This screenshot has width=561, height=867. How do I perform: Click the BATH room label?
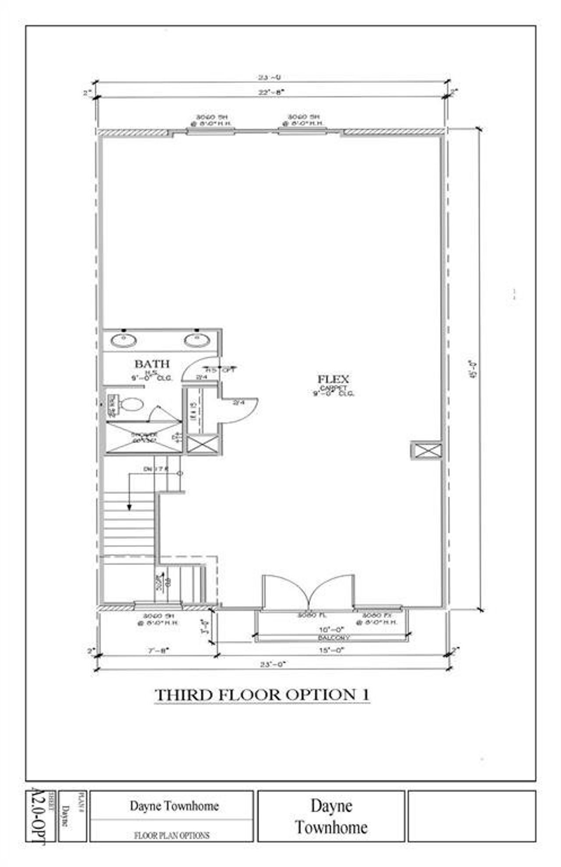point(152,363)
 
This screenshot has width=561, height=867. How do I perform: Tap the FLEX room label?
point(333,379)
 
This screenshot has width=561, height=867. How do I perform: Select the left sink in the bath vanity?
point(123,340)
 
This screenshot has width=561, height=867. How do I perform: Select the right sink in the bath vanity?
point(196,340)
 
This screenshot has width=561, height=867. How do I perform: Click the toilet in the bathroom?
point(131,404)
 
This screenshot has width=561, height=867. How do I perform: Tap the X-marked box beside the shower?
point(202,444)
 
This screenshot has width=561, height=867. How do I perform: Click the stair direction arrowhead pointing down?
point(129,507)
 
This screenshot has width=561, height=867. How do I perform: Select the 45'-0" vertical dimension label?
point(472,369)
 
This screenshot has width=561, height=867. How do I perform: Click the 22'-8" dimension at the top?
point(272,92)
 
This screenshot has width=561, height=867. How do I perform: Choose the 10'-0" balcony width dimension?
point(331,629)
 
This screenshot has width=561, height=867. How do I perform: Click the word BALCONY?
point(334,638)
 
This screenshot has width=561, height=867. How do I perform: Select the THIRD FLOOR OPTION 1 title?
point(262,695)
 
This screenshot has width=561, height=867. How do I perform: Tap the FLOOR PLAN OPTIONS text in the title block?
point(171,835)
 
